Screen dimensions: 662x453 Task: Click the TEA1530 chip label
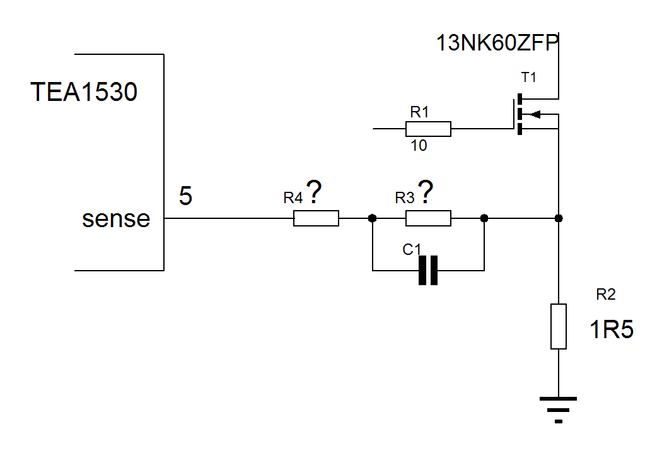pyautogui.click(x=84, y=91)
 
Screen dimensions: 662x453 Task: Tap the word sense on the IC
pyautogui.click(x=116, y=219)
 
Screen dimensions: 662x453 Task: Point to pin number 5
pyautogui.click(x=186, y=196)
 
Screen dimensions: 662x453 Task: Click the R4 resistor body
pyautogui.click(x=316, y=218)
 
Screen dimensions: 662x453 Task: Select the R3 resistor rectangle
pyautogui.click(x=428, y=218)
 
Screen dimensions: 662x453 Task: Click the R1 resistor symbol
pyautogui.click(x=428, y=129)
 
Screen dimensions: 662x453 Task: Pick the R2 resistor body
pyautogui.click(x=559, y=326)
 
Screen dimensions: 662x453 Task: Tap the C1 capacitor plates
pyautogui.click(x=428, y=271)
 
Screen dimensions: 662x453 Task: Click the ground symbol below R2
pyautogui.click(x=558, y=409)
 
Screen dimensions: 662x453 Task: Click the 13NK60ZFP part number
pyautogui.click(x=497, y=43)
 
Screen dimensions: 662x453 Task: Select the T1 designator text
pyautogui.click(x=528, y=78)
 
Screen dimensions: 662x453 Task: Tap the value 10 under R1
pyautogui.click(x=419, y=146)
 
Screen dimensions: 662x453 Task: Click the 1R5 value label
pyautogui.click(x=612, y=329)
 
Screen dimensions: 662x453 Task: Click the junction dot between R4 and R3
pyautogui.click(x=373, y=218)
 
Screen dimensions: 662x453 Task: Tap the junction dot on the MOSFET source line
pyautogui.click(x=559, y=218)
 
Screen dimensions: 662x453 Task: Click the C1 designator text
pyautogui.click(x=412, y=250)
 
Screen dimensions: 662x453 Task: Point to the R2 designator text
pyautogui.click(x=606, y=294)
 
